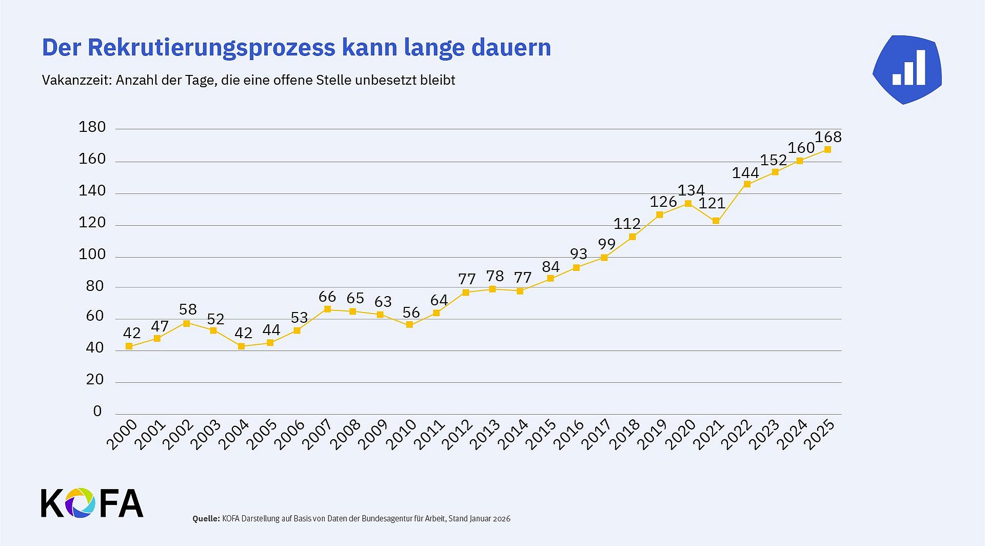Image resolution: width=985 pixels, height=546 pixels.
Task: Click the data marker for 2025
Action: click(x=828, y=149)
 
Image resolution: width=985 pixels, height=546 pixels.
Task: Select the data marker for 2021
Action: click(x=716, y=221)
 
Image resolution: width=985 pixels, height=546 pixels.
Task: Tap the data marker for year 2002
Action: click(x=186, y=323)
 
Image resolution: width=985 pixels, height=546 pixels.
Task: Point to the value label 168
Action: click(x=828, y=137)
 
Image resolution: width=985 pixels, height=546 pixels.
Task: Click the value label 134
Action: click(x=691, y=190)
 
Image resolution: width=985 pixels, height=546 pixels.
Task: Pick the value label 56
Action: click(x=411, y=313)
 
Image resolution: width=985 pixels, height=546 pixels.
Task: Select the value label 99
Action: click(x=606, y=244)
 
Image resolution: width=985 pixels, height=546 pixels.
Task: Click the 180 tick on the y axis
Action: click(x=92, y=127)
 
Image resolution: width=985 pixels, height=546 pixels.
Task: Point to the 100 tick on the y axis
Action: click(x=92, y=254)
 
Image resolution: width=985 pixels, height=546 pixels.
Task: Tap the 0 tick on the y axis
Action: click(x=97, y=411)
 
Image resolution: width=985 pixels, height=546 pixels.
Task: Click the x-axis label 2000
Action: click(x=123, y=434)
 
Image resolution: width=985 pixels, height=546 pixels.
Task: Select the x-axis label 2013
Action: click(x=485, y=434)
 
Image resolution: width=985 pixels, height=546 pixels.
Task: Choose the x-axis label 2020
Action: click(x=681, y=434)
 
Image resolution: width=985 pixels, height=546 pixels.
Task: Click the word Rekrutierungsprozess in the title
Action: click(x=211, y=48)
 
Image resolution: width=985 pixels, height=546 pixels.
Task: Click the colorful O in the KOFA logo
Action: click(x=80, y=502)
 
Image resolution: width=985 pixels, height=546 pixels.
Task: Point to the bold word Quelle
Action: click(x=206, y=518)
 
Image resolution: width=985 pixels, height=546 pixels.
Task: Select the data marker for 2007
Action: click(x=327, y=309)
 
